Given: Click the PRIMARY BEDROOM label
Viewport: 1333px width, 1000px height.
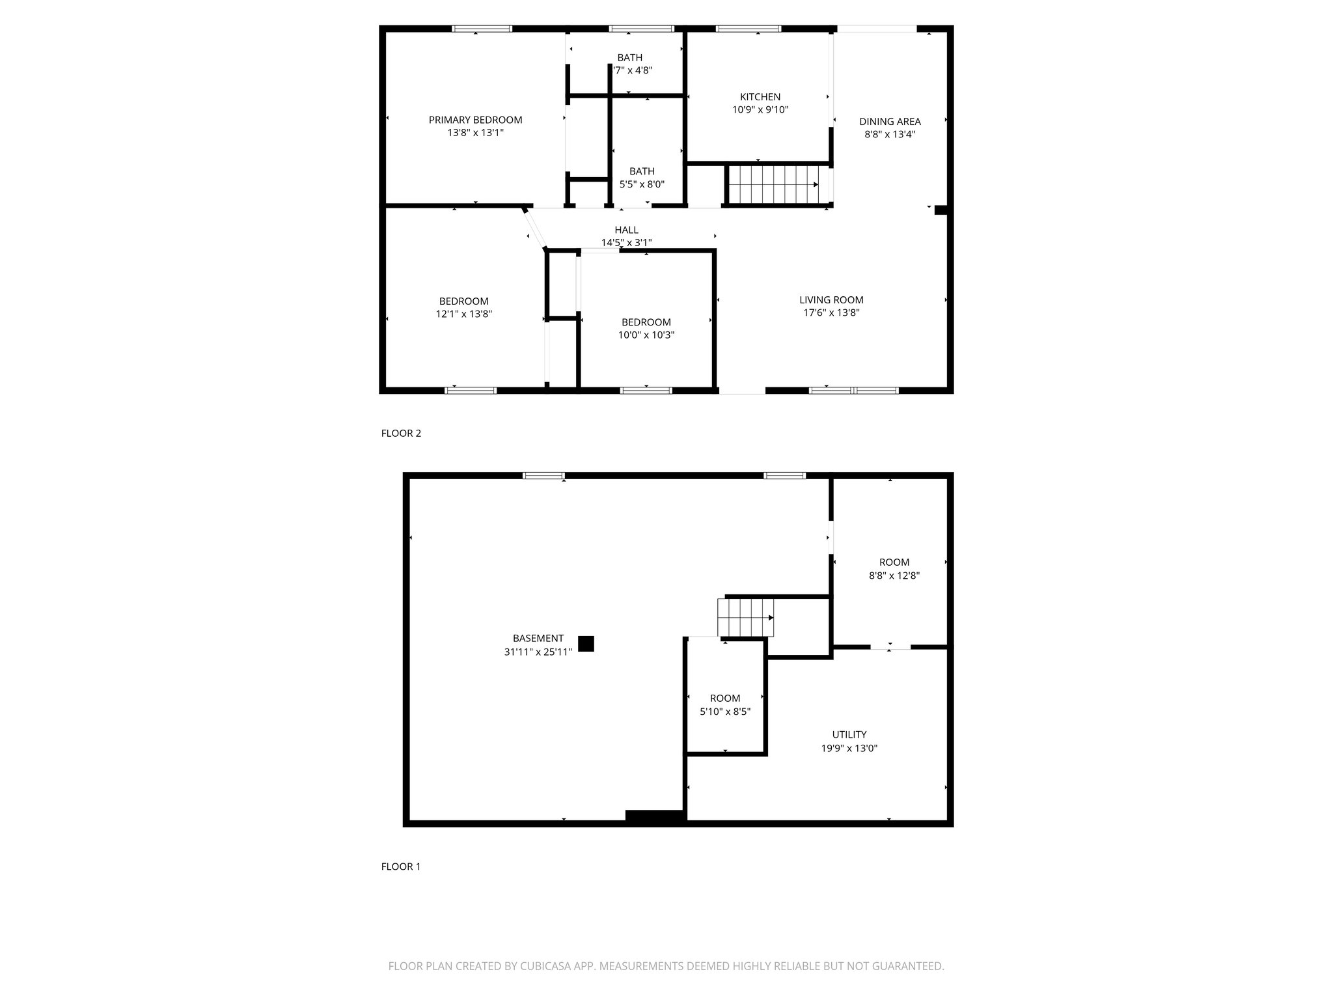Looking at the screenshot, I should (475, 120).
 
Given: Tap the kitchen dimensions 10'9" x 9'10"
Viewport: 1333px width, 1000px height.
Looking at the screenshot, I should (760, 110).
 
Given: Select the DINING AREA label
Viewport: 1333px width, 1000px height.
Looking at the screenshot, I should (890, 122).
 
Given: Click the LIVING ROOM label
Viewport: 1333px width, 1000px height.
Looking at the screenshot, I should (831, 300).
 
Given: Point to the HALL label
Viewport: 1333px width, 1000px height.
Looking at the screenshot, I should (626, 230).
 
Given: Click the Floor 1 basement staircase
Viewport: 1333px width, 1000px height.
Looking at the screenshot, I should (745, 617).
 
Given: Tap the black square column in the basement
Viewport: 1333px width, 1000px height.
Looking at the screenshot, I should (586, 644).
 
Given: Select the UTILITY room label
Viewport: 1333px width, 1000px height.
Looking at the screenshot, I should (849, 735).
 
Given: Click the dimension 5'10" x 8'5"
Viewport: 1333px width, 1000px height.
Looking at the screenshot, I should (725, 712).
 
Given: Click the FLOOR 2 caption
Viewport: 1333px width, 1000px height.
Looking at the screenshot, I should (401, 434).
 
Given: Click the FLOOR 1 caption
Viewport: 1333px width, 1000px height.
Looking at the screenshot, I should (401, 867).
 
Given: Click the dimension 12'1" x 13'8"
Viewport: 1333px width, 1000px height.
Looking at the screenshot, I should (463, 314).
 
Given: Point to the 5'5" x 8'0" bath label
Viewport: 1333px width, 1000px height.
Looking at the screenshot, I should (642, 184).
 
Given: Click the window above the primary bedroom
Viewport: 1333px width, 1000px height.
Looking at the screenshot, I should (482, 29).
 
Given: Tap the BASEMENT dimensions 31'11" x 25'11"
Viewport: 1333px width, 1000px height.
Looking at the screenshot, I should (538, 652).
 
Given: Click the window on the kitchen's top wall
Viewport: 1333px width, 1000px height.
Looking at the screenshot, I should (748, 29).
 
